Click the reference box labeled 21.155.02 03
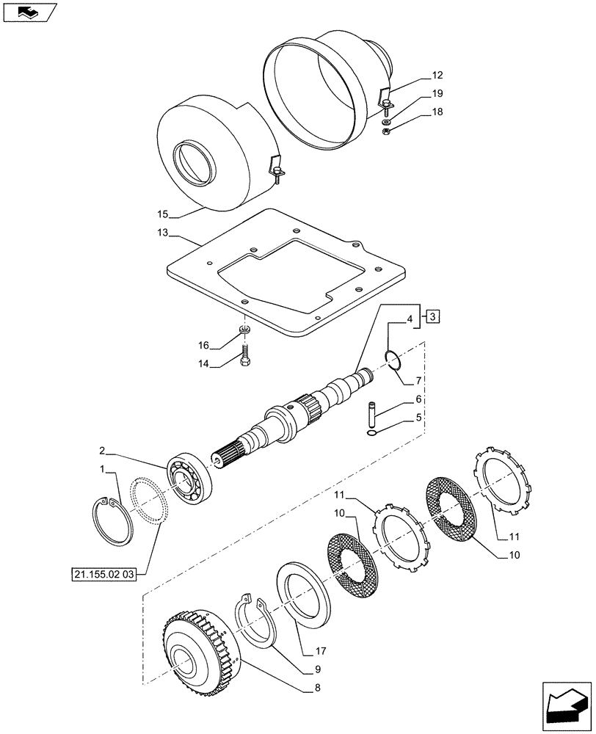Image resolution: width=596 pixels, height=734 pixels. pos(104,574)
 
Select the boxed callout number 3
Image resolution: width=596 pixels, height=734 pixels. pos(434,316)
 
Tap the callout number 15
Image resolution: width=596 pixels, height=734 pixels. pos(162,214)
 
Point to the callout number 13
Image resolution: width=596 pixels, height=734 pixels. pos(162,233)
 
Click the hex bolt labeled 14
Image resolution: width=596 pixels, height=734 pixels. pos(245,359)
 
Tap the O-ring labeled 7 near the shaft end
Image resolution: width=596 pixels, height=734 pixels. pos(393,360)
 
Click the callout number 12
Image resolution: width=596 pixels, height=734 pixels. pos(437,76)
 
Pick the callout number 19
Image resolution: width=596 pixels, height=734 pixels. pos(437,94)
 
